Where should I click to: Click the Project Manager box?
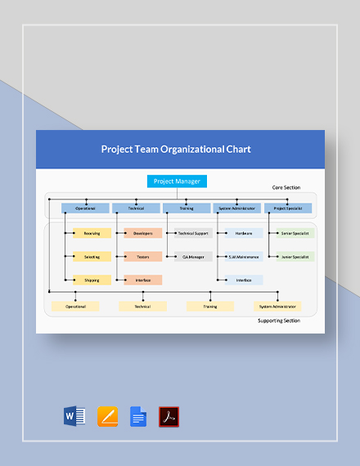point(177,181)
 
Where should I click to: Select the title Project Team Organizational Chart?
point(176,150)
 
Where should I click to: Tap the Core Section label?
point(286,188)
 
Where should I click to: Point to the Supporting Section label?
point(278,320)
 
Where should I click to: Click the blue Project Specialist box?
point(287,208)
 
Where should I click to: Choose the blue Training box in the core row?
point(187,208)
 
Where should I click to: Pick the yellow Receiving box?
point(92,233)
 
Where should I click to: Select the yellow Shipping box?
point(92,280)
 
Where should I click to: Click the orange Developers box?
point(142,233)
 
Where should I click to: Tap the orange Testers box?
point(142,257)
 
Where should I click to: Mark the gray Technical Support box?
point(193,233)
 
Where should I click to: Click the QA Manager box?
point(193,257)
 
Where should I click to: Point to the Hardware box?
point(244,233)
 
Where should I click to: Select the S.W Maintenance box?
point(244,257)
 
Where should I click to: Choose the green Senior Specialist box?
point(295,233)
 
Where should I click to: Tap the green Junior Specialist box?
point(295,257)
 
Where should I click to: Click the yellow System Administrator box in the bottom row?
point(277,307)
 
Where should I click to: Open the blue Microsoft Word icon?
point(74,417)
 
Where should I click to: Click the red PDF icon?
point(169,417)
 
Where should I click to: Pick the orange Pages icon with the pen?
point(107,417)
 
